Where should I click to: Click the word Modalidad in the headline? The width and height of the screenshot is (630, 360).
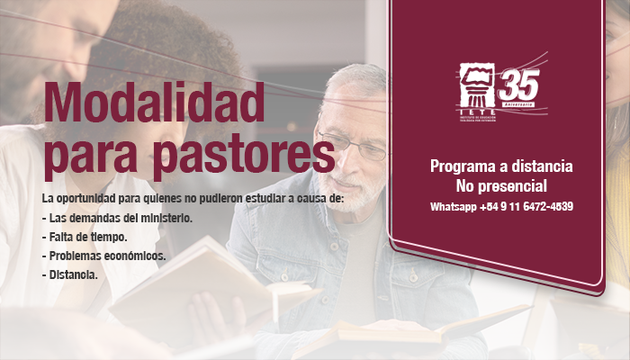click(154, 102)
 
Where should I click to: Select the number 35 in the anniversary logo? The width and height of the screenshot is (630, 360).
click(519, 85)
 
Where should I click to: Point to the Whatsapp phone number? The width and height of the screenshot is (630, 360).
click(526, 207)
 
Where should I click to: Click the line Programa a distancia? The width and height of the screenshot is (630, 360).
click(501, 166)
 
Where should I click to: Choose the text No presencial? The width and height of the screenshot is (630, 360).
click(501, 186)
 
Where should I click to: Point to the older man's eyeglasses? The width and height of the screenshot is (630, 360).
click(353, 146)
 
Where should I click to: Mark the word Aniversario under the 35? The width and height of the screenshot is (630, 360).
click(518, 104)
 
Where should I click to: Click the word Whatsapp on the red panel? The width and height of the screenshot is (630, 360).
click(454, 207)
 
